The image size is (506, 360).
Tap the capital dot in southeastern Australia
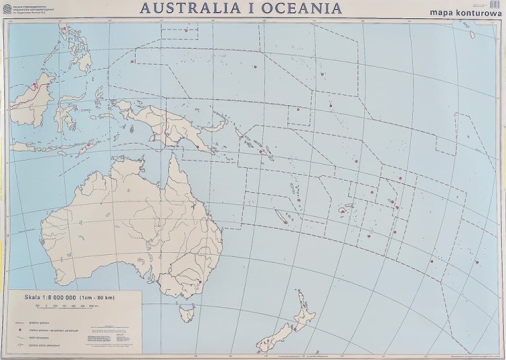click(200, 282)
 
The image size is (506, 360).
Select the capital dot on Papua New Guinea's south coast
click(196, 146)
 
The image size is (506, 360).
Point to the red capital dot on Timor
click(87, 144)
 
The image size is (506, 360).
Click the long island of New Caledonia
click(281, 217)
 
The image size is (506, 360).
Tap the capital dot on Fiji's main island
click(343, 211)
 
